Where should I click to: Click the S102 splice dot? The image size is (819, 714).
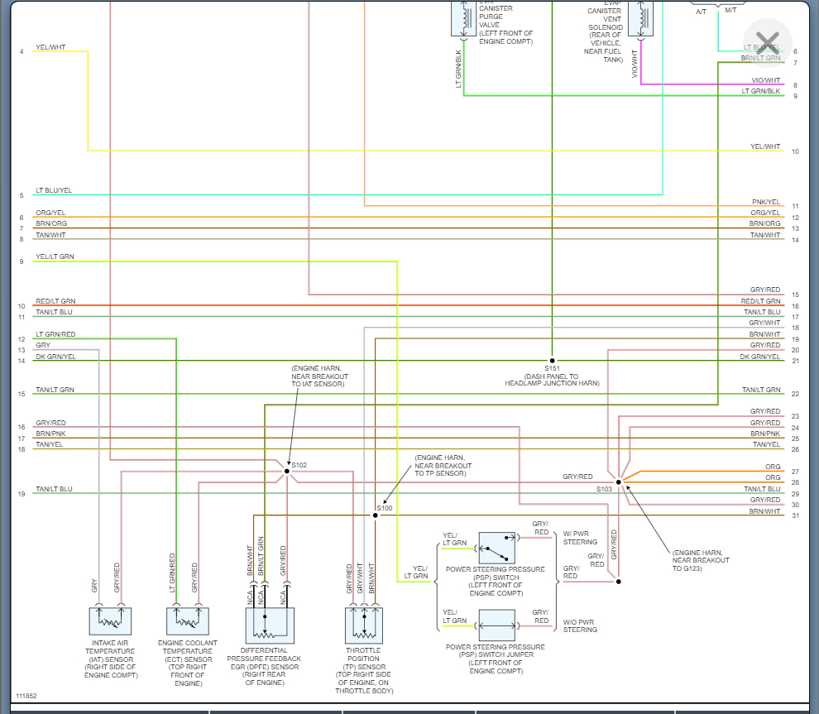287,471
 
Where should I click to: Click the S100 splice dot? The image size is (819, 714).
375,515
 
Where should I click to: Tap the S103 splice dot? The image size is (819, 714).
618,482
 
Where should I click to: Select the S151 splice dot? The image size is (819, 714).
552,361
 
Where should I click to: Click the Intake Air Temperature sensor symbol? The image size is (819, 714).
110,621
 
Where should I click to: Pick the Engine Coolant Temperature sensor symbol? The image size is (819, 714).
188,621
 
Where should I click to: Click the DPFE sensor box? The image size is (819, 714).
270,625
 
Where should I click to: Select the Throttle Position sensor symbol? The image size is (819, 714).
365,625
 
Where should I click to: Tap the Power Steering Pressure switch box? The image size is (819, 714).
496,548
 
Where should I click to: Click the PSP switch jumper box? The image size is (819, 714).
496,625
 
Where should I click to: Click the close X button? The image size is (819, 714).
768,42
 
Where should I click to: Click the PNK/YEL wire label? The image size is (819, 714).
765,202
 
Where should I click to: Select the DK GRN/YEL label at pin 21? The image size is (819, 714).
760,357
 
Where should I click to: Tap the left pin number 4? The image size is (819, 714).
22,52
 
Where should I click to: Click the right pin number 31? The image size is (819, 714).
795,516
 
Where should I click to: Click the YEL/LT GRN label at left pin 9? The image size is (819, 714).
55,257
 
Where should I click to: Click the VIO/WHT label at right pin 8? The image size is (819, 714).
765,80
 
